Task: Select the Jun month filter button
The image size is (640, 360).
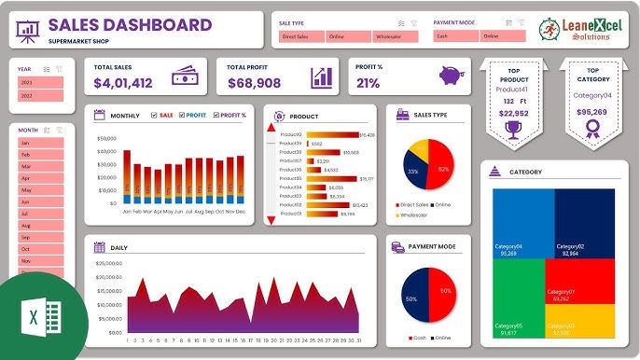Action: coord(40,201)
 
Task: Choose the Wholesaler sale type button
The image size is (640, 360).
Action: coord(394,36)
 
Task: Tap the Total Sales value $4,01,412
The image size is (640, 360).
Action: coord(123,83)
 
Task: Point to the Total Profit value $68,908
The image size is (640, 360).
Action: coord(253,83)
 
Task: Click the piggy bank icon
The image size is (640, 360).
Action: coord(454,76)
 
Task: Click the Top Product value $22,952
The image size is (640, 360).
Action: coord(512,113)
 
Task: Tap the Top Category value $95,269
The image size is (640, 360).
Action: coord(591,112)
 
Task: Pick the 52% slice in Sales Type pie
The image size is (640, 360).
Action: coord(439,169)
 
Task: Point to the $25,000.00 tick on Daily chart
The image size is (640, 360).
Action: coord(109,264)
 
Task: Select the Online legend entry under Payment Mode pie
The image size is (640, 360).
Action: coord(439,337)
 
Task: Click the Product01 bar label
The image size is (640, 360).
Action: coord(290,214)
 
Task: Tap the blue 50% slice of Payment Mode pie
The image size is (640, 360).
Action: coord(414,298)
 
